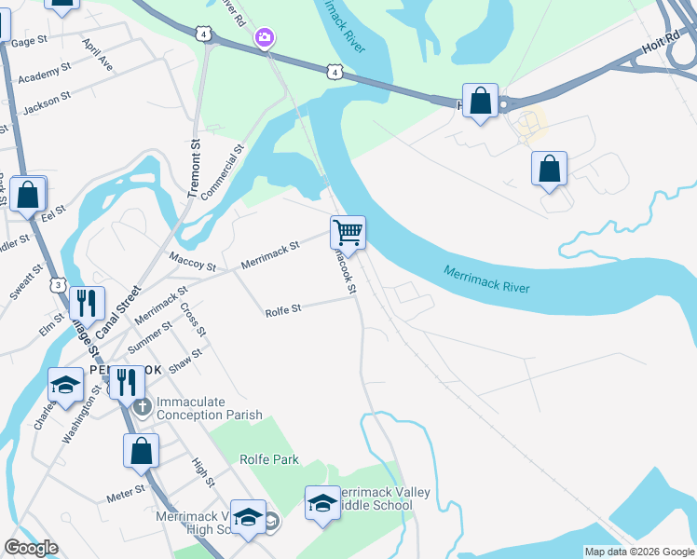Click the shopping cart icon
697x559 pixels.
[x=348, y=231]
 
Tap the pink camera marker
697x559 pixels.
[x=266, y=37]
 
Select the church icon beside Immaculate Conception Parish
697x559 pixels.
[x=142, y=406]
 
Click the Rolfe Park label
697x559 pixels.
[x=268, y=459]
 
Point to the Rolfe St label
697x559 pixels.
[x=283, y=309]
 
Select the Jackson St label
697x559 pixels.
[x=47, y=102]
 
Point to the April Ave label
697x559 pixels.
[x=98, y=56]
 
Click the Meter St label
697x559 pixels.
[x=126, y=493]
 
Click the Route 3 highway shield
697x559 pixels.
[x=60, y=284]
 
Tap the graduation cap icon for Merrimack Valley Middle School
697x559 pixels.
[x=321, y=502]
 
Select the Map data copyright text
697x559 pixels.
[x=639, y=552]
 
